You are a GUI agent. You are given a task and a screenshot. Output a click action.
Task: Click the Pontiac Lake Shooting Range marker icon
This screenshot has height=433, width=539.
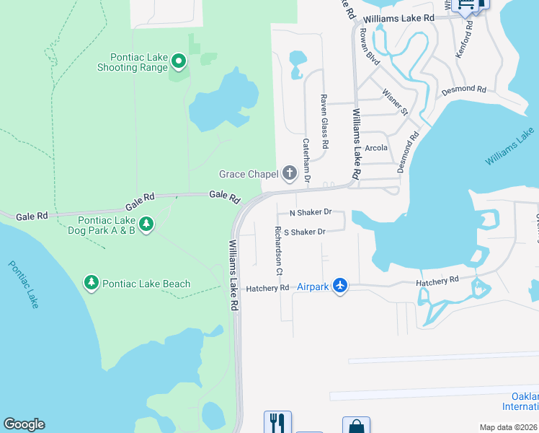click(x=178, y=64)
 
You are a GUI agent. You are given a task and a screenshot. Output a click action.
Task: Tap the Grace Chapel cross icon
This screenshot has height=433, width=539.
click(x=290, y=173)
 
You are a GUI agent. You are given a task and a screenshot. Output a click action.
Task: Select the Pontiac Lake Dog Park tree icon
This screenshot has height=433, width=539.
click(x=146, y=224)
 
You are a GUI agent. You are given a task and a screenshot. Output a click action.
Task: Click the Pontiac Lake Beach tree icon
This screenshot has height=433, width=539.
click(x=92, y=283)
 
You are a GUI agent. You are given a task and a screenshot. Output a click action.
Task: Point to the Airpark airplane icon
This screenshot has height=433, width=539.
click(x=340, y=287)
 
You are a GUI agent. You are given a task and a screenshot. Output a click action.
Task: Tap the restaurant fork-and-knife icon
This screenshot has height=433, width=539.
click(x=277, y=421)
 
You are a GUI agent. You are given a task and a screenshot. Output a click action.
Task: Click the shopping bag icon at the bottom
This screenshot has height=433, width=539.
click(x=356, y=427)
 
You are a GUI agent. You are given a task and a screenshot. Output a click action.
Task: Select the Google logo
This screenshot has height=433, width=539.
click(x=24, y=424)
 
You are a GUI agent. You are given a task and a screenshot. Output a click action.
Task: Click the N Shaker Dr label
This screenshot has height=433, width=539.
click(x=310, y=213)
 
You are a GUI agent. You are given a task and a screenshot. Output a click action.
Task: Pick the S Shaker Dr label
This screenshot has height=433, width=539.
click(x=305, y=232)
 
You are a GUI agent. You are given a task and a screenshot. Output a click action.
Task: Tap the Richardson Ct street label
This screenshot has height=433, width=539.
click(x=278, y=250)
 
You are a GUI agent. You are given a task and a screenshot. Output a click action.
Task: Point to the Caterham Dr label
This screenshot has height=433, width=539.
click(x=307, y=159)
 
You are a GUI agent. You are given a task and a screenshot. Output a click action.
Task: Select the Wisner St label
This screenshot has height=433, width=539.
click(x=395, y=102)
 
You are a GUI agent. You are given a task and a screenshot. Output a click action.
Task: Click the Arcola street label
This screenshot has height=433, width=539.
click(x=376, y=147)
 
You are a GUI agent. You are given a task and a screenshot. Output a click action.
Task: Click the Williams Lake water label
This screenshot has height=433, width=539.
click(x=511, y=146)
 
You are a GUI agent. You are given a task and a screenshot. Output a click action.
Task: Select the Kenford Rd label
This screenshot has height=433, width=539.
click(x=469, y=35)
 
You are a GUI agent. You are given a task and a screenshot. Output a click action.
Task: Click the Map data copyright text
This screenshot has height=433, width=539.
click(x=509, y=427)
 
